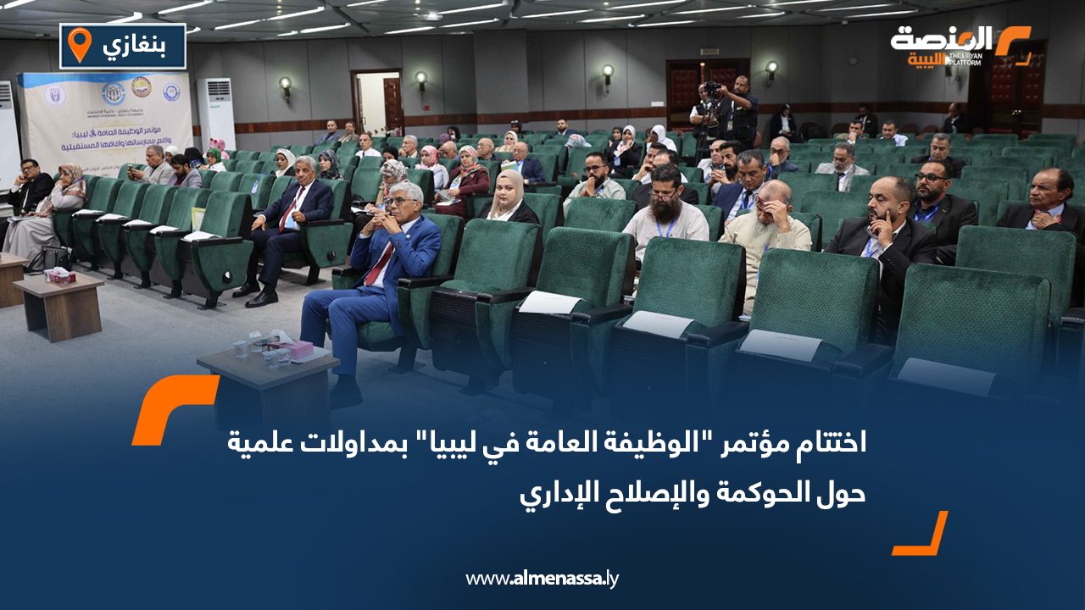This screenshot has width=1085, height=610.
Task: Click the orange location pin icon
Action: (79, 44)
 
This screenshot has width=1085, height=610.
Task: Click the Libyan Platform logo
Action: (959, 47)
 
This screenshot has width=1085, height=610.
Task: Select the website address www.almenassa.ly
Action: (542, 579)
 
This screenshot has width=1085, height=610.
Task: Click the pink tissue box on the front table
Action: (296, 349)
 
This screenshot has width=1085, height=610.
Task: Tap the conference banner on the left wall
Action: (105, 119)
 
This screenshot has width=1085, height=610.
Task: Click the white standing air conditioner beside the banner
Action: (215, 115)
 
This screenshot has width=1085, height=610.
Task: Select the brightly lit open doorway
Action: (376, 103)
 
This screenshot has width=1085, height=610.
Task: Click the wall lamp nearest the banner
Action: (286, 85)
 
